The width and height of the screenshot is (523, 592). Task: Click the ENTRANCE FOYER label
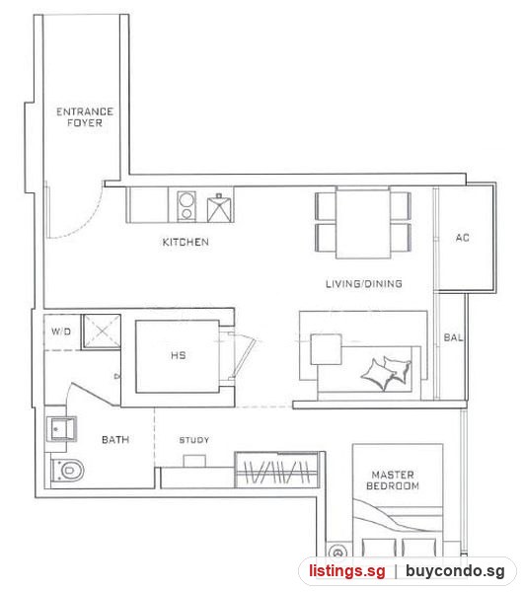point(85,117)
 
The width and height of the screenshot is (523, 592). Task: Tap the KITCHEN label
point(186,242)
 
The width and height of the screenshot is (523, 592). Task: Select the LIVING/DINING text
point(364,283)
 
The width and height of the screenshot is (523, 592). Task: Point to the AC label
point(462,238)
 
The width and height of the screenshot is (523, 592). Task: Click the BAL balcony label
point(453,337)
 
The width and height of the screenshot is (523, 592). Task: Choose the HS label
point(179,355)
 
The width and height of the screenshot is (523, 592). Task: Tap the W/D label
point(61,332)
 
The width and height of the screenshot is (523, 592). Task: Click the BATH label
point(115,439)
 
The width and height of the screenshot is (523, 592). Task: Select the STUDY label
point(194,440)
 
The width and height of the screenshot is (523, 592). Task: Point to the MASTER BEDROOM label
point(393,480)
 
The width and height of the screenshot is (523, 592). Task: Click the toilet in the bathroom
point(67,471)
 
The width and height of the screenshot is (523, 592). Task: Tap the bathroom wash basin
point(61,429)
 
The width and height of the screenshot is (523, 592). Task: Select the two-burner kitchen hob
point(187,206)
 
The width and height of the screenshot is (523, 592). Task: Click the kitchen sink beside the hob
point(218,208)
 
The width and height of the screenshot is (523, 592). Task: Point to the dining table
point(363,223)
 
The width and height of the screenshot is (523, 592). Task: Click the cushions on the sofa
point(386,372)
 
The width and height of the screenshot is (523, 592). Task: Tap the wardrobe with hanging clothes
point(277,470)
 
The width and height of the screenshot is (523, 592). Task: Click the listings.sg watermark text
point(347,570)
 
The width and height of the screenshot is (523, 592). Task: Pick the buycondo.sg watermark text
point(455,571)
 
